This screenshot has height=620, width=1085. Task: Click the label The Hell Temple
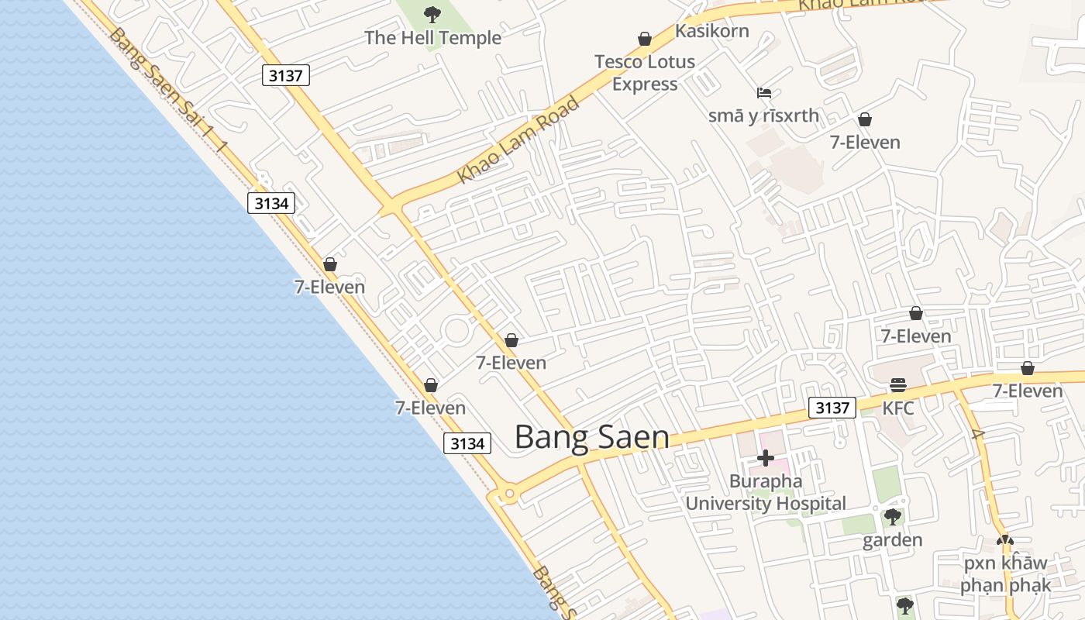[x=432, y=38]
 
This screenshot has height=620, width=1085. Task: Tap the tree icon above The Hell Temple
[x=432, y=14]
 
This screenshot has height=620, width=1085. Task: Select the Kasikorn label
[x=711, y=31]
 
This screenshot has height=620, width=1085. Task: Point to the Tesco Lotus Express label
[x=645, y=72]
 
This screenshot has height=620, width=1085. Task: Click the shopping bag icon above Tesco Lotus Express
[x=645, y=38]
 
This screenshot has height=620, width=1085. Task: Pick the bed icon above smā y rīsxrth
[x=764, y=93]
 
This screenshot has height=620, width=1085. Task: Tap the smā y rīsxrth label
[x=763, y=116]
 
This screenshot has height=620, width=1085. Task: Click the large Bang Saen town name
[x=592, y=437]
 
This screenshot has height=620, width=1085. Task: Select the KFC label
[x=898, y=408]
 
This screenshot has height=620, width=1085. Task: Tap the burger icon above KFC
[x=898, y=384]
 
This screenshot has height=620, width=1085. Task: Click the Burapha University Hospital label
[x=766, y=492]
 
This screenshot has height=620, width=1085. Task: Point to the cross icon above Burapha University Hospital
[x=766, y=458]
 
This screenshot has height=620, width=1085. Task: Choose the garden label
[x=893, y=540]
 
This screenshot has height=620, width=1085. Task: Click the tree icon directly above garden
[x=893, y=516]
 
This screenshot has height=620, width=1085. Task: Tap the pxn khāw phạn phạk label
[x=1004, y=573]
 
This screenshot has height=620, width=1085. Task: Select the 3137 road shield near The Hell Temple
[x=286, y=75]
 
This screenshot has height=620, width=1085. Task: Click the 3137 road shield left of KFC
[x=832, y=408]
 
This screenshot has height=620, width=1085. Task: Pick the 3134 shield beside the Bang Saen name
[x=468, y=443]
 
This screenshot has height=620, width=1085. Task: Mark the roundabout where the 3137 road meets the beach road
[x=508, y=493]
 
